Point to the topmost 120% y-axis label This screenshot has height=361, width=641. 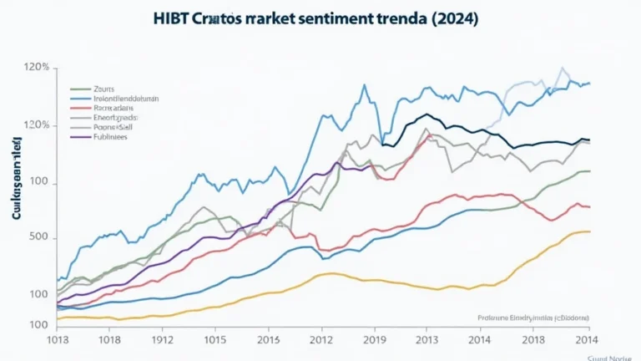37,67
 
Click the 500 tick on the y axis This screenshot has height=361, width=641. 38,238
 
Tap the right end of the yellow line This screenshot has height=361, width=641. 590,231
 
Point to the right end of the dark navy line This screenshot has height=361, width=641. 590,140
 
